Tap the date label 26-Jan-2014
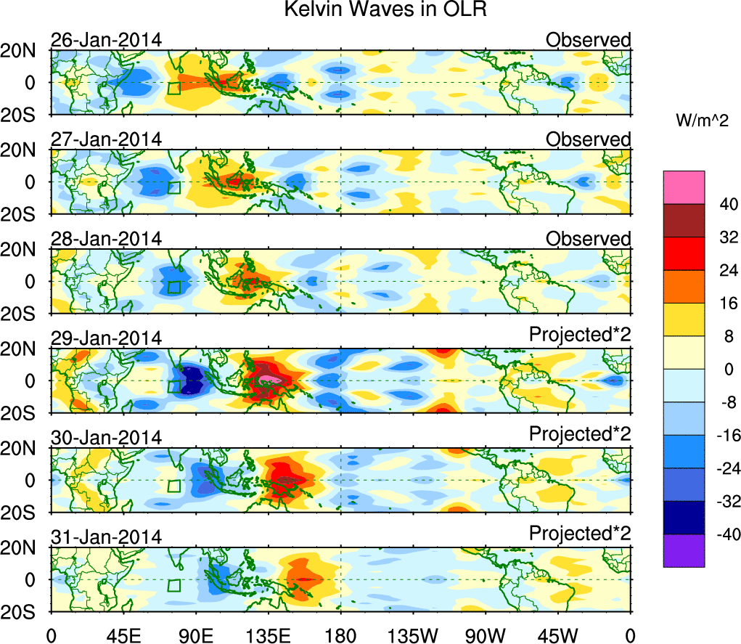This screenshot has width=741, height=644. (x=106, y=40)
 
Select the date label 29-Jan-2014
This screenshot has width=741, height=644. (x=106, y=338)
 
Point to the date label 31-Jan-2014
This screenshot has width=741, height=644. (x=106, y=537)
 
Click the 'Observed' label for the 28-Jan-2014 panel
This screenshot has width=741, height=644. (x=589, y=239)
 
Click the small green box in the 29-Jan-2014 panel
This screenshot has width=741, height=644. (x=174, y=386)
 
